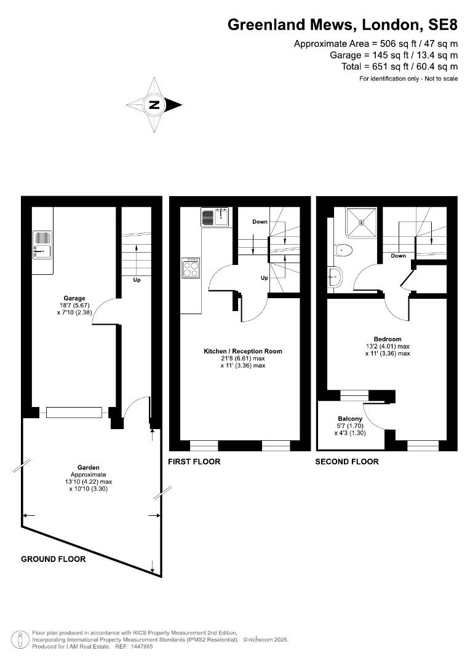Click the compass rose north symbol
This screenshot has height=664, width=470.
point(154,105)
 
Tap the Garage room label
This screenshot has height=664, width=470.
point(74,298)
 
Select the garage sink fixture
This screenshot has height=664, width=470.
point(42,245)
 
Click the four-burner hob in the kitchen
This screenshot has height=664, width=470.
point(191,267)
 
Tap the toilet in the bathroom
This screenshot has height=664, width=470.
point(343,251)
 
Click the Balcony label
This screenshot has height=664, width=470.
point(350,419)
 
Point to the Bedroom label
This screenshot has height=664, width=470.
point(388,339)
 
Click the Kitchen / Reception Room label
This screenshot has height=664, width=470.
point(243,351)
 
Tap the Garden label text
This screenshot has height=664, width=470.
point(88,467)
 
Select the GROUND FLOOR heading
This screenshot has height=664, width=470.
point(54,559)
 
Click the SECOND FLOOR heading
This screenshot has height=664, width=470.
point(347,462)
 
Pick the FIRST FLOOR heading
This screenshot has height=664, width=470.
point(194,462)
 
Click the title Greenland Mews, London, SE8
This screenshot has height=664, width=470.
point(343,25)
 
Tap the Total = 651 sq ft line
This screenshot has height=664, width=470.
point(399,66)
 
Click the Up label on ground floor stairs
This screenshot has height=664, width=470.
point(137,280)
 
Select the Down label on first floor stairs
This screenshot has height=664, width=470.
point(260,221)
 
